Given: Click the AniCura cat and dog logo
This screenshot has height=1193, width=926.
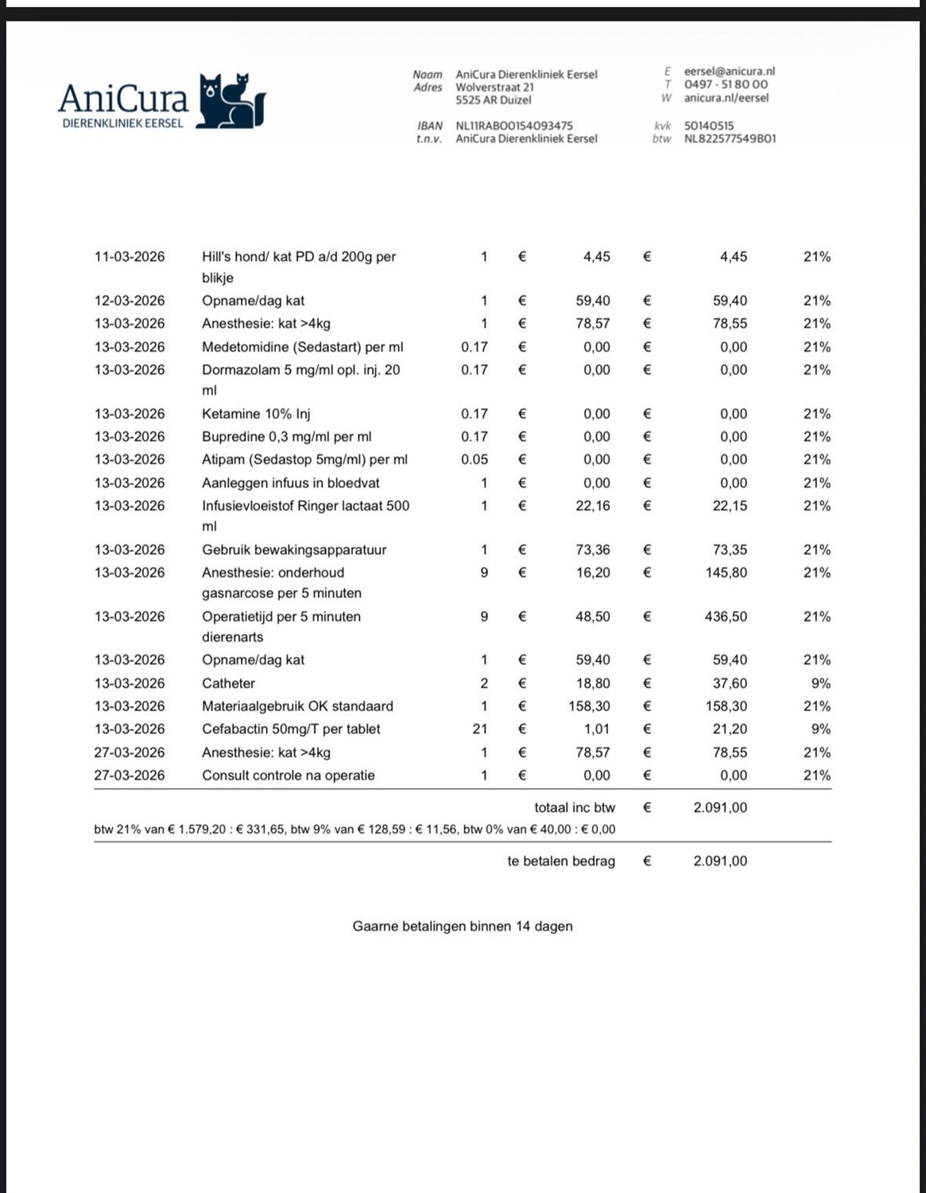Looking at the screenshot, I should tap(231, 101).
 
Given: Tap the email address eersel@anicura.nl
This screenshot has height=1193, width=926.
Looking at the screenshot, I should tap(729, 72).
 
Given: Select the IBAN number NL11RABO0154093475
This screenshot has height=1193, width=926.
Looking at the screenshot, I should tap(513, 126).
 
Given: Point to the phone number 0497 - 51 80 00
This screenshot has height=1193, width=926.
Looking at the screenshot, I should tap(726, 84).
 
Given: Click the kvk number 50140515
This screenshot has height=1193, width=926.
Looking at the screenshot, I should tap(709, 126).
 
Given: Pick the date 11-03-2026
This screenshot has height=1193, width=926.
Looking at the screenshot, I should tap(130, 257).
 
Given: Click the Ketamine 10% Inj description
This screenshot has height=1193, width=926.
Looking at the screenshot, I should tap(256, 414).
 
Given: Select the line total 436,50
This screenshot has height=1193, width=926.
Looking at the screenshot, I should tap(726, 616).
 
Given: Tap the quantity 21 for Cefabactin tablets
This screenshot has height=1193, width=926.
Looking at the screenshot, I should tap(480, 729).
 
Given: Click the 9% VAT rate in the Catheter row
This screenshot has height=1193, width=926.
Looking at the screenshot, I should tap(821, 683).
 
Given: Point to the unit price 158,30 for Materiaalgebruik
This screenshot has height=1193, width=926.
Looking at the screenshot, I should tap(589, 706).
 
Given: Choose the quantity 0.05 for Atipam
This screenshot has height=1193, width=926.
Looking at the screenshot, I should tap(475, 460).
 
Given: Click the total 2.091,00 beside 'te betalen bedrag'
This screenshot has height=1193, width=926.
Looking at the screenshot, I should tap(720, 861).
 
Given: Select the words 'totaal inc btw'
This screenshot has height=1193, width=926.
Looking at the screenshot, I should tap(575, 807).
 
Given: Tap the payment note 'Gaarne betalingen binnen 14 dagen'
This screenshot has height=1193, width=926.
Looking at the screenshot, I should tap(463, 926).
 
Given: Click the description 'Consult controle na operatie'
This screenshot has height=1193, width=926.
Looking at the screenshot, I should tap(289, 775).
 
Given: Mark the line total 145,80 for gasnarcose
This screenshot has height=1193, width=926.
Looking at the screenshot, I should tap(726, 573).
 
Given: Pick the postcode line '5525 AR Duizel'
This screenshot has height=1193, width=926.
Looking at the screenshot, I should tap(494, 100).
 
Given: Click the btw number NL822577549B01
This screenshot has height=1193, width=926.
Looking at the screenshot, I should tap(730, 138).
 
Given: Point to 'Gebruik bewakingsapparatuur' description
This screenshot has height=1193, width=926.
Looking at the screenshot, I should tap(294, 550).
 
